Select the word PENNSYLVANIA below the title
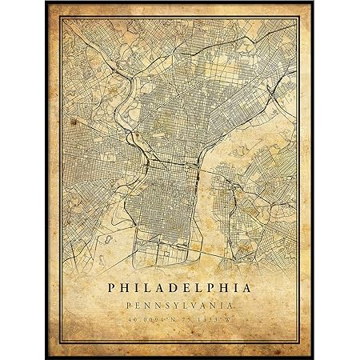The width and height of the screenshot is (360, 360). pyautogui.click(x=179, y=306)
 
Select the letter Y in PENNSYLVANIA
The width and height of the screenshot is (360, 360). pyautogui.click(x=178, y=306)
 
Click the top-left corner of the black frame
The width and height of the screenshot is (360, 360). pyautogui.click(x=47, y=2)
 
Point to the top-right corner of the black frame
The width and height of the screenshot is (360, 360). pyautogui.click(x=313, y=2)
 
